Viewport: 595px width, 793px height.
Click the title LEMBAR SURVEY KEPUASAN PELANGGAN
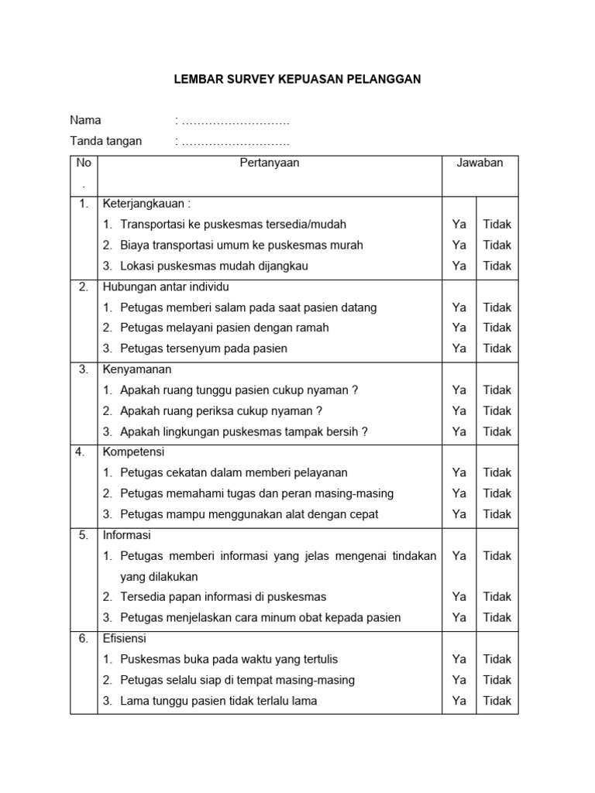pyautogui.click(x=296, y=80)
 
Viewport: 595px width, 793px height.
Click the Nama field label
pyautogui.click(x=86, y=120)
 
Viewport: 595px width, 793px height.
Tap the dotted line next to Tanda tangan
pyautogui.click(x=235, y=142)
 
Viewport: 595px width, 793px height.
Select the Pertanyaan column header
pyautogui.click(x=270, y=163)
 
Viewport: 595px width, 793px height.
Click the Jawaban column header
pyautogui.click(x=480, y=163)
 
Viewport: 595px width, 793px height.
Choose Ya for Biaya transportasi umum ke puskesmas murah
pyautogui.click(x=459, y=245)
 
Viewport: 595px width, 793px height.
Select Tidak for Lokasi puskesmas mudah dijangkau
pyautogui.click(x=497, y=266)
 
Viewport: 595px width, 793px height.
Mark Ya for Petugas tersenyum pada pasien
pyautogui.click(x=459, y=348)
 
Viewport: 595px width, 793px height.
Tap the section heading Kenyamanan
pyautogui.click(x=137, y=369)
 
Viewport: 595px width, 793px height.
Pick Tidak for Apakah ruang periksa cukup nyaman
pyautogui.click(x=497, y=410)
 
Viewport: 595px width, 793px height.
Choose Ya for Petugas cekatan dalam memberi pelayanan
pyautogui.click(x=459, y=472)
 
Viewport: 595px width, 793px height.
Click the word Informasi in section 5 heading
pyautogui.click(x=127, y=535)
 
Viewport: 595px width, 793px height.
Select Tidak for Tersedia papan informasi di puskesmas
pyautogui.click(x=497, y=597)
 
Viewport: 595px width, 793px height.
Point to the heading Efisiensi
pyautogui.click(x=125, y=639)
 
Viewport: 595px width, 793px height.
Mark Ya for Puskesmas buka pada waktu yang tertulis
pyautogui.click(x=459, y=659)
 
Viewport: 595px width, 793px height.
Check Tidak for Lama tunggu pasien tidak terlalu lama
pyautogui.click(x=497, y=701)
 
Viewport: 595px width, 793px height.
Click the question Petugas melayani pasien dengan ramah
pyautogui.click(x=225, y=328)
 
